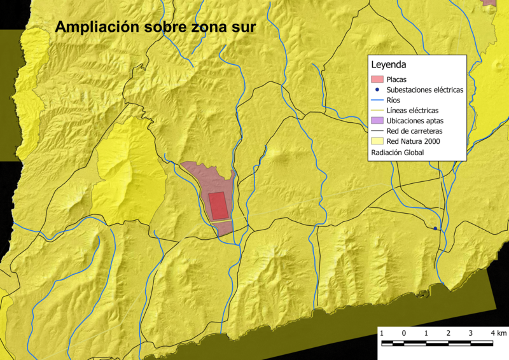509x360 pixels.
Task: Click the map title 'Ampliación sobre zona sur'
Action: [155, 27]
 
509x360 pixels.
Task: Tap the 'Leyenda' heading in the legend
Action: [389, 65]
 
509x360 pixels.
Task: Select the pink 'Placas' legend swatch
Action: [377, 80]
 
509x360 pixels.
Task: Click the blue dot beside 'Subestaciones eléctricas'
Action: [377, 90]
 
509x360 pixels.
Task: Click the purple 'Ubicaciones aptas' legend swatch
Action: [377, 120]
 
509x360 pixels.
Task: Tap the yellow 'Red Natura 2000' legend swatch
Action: [377, 141]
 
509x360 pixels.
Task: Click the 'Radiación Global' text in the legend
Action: [397, 153]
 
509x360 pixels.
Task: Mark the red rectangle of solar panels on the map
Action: [218, 205]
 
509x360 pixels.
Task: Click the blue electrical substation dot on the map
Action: [435, 228]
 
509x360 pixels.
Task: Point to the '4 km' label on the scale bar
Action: [499, 333]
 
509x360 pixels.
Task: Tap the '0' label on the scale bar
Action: [404, 333]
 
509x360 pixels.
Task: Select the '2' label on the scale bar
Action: [449, 333]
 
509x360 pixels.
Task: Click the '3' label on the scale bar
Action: [471, 333]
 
